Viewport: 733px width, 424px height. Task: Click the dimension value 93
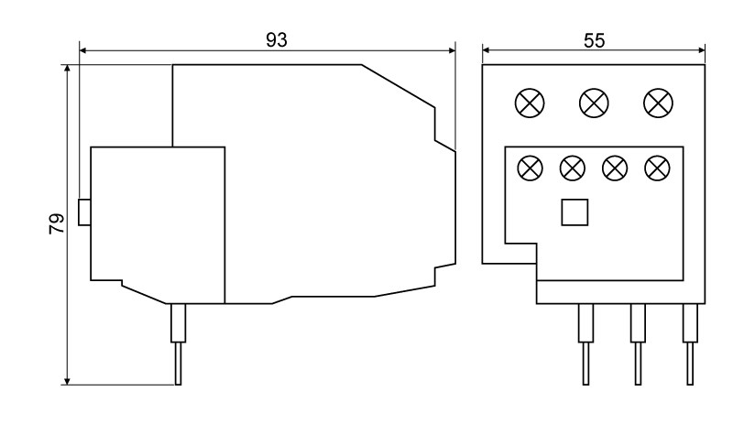pyautogui.click(x=277, y=40)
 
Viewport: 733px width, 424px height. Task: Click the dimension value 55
pyautogui.click(x=594, y=40)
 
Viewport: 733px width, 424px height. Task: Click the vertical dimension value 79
pyautogui.click(x=57, y=224)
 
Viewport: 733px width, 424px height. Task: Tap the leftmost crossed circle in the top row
pyautogui.click(x=530, y=103)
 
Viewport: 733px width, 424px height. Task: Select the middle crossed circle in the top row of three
pyautogui.click(x=594, y=103)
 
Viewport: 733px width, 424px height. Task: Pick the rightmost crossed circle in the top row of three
pyautogui.click(x=658, y=103)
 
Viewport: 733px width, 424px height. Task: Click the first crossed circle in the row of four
pyautogui.click(x=531, y=169)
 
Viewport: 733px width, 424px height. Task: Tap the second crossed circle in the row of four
pyautogui.click(x=573, y=169)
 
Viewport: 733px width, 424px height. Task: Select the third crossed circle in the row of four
pyautogui.click(x=615, y=169)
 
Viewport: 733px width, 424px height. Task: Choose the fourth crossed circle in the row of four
pyautogui.click(x=657, y=169)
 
